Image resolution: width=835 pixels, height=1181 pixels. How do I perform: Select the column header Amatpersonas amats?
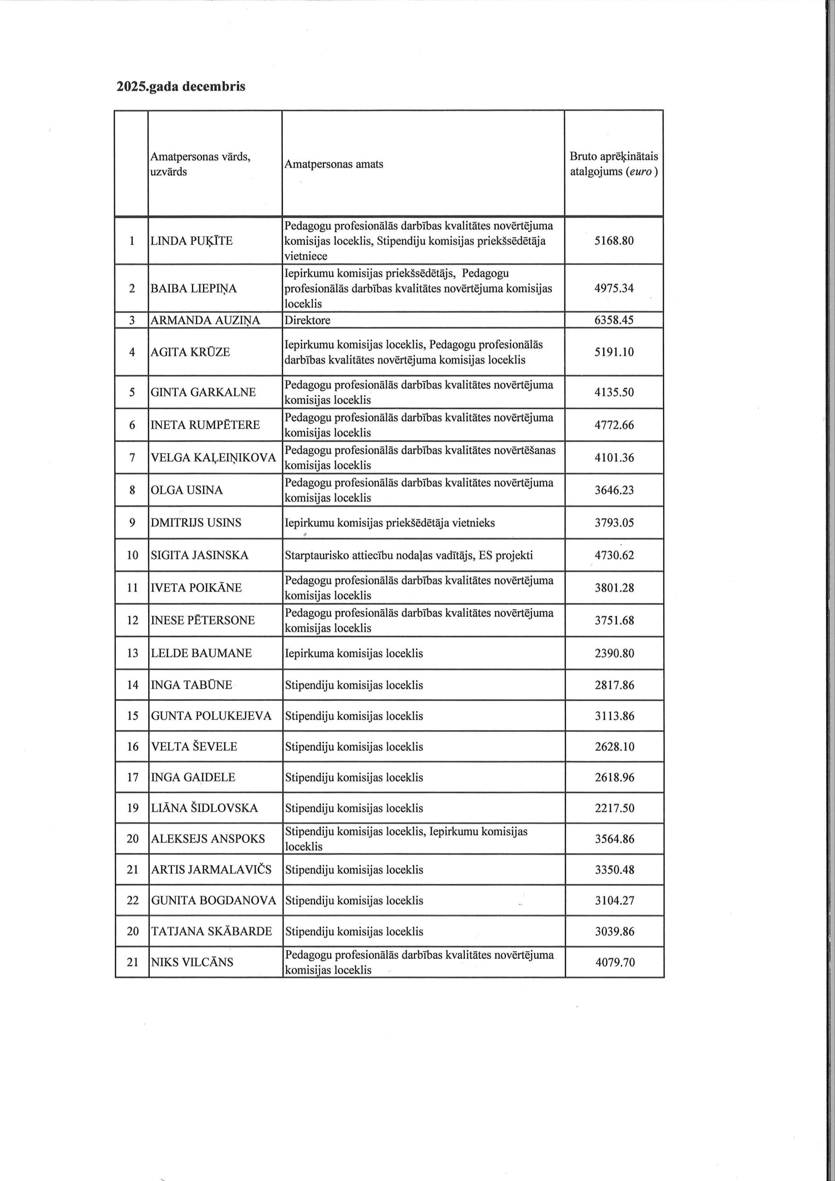334,164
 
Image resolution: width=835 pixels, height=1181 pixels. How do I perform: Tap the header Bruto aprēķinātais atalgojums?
614,164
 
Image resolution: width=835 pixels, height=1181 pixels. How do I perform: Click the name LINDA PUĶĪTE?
191,241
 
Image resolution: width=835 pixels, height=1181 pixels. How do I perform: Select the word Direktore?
308,321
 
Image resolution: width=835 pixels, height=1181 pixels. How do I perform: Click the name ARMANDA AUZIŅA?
205,321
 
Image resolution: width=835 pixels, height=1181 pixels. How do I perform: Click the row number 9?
132,523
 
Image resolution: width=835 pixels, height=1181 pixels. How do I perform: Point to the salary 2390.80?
615,654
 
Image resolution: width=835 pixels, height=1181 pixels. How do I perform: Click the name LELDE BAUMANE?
201,654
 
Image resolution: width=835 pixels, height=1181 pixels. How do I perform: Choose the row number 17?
133,777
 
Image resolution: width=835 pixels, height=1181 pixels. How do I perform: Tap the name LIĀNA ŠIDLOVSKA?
204,808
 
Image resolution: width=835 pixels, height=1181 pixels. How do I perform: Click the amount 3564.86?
615,839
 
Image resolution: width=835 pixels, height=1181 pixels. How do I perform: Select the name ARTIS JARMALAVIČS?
211,870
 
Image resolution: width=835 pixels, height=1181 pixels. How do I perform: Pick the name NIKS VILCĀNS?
192,962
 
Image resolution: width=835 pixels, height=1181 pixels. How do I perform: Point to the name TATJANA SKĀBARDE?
211,931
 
